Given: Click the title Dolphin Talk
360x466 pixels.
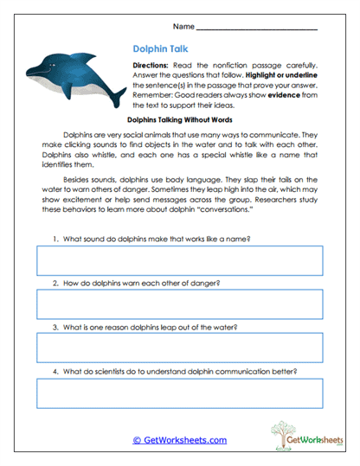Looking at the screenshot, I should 162,50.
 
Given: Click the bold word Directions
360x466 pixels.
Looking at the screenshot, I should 155,67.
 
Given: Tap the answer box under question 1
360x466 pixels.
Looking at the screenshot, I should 180,261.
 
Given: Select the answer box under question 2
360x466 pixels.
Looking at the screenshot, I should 180,304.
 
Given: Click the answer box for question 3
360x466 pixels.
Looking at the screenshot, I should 180,348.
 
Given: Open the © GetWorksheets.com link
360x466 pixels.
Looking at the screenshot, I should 179,440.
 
